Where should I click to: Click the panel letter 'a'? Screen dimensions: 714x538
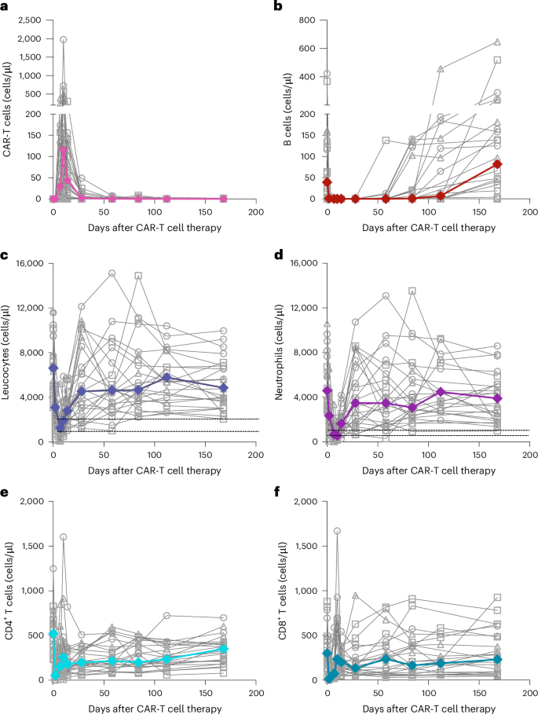coord(5,7)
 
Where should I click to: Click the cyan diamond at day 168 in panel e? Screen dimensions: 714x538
coord(224,649)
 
